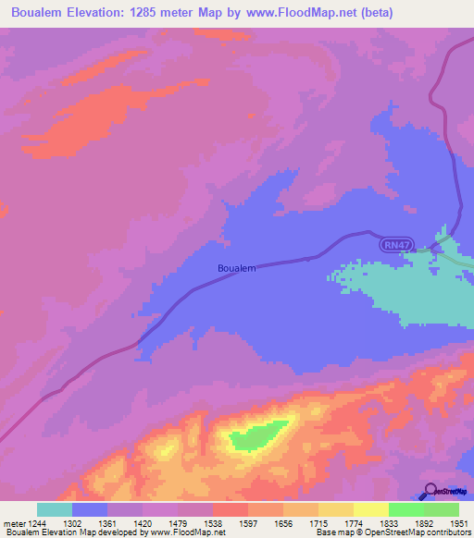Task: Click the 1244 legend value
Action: click(x=37, y=523)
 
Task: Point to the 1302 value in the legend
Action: click(x=72, y=523)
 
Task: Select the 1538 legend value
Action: click(x=213, y=523)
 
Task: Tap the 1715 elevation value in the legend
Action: click(x=318, y=523)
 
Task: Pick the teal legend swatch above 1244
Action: click(x=55, y=509)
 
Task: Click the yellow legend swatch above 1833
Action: click(x=371, y=509)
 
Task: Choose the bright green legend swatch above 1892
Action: click(x=406, y=509)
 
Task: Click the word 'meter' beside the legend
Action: click(x=13, y=523)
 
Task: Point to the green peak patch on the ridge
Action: click(x=258, y=433)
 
